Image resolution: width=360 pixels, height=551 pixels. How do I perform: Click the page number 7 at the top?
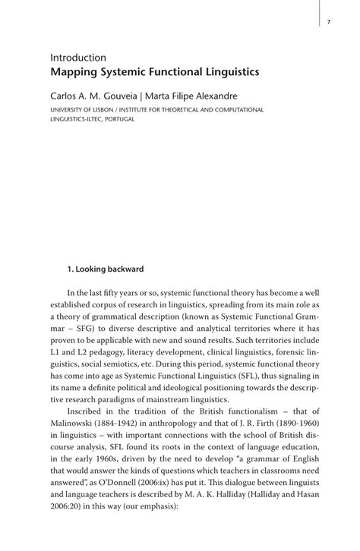coord(328,22)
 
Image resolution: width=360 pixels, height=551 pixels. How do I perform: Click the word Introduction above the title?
coord(78,58)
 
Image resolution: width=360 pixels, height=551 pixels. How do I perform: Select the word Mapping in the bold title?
coord(74,73)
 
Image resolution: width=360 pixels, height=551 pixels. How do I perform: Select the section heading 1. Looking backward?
coord(106,269)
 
